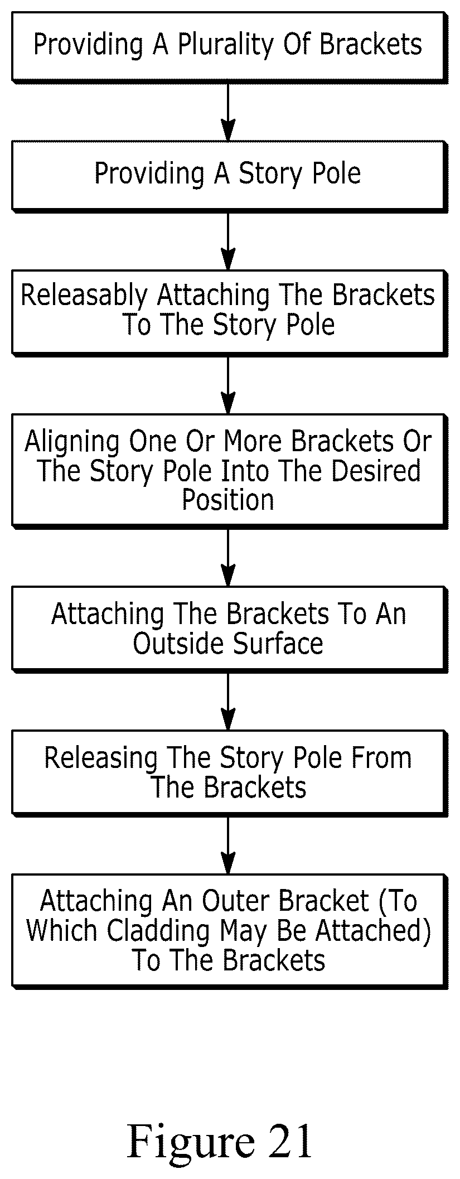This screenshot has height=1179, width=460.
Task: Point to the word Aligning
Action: click(x=72, y=442)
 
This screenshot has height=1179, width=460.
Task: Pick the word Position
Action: click(x=228, y=500)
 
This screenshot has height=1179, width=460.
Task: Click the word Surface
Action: click(x=278, y=644)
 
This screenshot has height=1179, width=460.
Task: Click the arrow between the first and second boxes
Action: click(x=227, y=112)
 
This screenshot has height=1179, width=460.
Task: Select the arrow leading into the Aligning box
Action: click(x=227, y=385)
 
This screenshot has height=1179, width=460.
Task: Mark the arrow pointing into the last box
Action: click(x=227, y=845)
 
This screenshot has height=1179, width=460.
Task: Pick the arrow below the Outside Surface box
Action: click(x=227, y=702)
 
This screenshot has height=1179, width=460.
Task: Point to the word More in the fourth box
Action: click(x=253, y=442)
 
